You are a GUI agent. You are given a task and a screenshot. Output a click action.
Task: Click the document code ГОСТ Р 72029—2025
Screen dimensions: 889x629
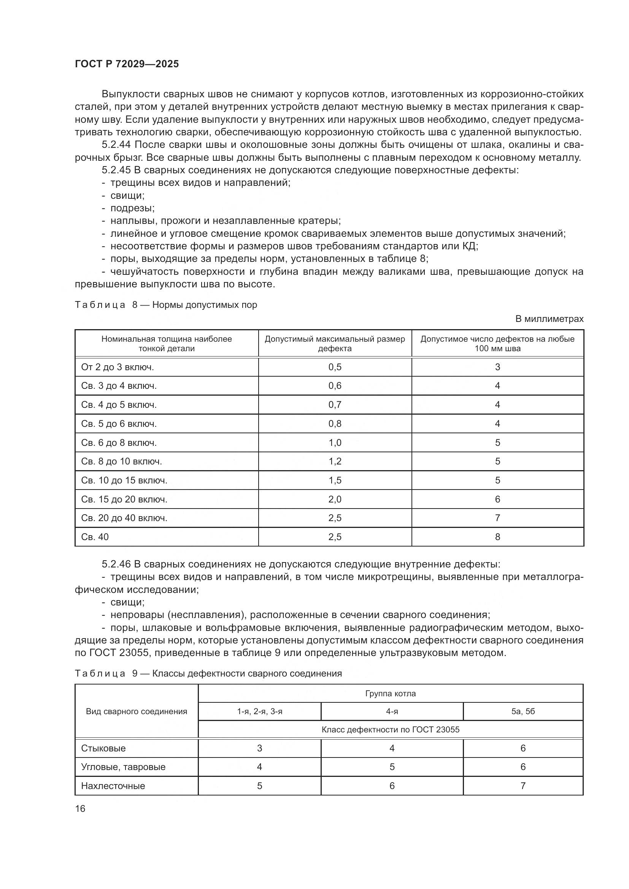pos(127,64)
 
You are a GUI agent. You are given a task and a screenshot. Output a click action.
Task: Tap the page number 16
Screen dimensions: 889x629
pos(80,808)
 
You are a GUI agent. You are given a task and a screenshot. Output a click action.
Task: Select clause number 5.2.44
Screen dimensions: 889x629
pos(116,145)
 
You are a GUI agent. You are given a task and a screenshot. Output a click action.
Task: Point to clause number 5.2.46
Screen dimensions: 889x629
pos(116,564)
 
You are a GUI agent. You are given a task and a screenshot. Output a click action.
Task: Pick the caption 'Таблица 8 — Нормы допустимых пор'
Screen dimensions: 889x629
pos(166,305)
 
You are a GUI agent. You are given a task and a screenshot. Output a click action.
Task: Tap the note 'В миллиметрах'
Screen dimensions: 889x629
pos(549,319)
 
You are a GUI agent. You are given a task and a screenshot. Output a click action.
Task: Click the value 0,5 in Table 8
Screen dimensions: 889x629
pos(335,367)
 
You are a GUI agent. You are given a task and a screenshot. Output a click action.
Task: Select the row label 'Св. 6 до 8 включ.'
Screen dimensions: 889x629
pos(119,442)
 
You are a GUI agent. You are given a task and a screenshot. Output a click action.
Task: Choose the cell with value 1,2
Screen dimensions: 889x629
pos(335,461)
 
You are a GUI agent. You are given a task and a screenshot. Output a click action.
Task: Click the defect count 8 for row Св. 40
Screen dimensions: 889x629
pos(497,537)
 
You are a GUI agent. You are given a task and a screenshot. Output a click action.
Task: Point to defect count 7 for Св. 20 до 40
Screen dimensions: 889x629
pos(497,518)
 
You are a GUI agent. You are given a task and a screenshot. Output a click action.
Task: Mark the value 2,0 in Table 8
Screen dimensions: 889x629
pos(335,499)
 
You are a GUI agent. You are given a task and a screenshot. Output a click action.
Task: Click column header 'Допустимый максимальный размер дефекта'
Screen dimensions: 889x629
pos(335,344)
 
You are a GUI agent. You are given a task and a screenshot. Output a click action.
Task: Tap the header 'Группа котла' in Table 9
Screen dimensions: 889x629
pos(391,694)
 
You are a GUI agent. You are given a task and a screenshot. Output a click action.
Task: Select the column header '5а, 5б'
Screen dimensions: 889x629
pos(523,711)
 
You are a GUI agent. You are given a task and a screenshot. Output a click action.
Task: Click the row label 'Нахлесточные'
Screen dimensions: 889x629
pos(113,786)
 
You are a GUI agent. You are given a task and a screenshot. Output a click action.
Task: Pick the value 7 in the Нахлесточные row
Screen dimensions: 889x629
pos(523,786)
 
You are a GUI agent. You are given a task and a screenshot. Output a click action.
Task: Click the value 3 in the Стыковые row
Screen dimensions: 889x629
pos(259,748)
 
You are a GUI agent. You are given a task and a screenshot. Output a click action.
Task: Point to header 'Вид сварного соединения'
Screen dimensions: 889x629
pos(137,711)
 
